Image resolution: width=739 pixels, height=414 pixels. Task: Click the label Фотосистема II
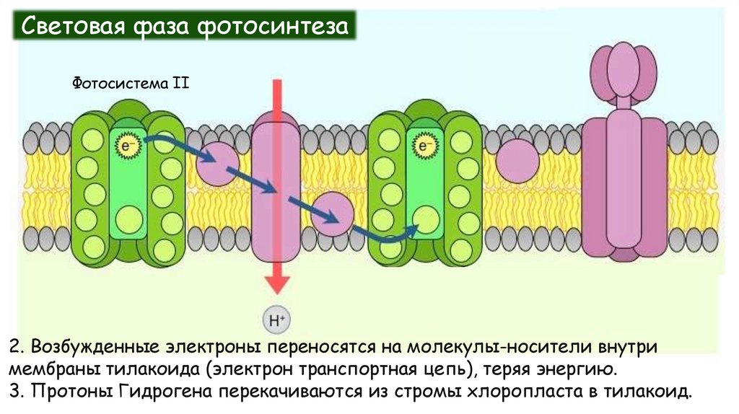131,83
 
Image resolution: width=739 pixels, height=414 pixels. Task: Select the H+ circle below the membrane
275,319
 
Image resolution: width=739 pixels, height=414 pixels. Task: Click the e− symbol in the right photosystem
424,147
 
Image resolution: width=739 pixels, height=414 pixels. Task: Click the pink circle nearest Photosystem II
217,163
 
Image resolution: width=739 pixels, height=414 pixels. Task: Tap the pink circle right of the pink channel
333,215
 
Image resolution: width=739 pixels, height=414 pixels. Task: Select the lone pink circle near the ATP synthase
517,160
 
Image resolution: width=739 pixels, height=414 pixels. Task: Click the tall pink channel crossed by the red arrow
276,191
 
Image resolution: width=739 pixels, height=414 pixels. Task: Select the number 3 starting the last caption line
14,393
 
